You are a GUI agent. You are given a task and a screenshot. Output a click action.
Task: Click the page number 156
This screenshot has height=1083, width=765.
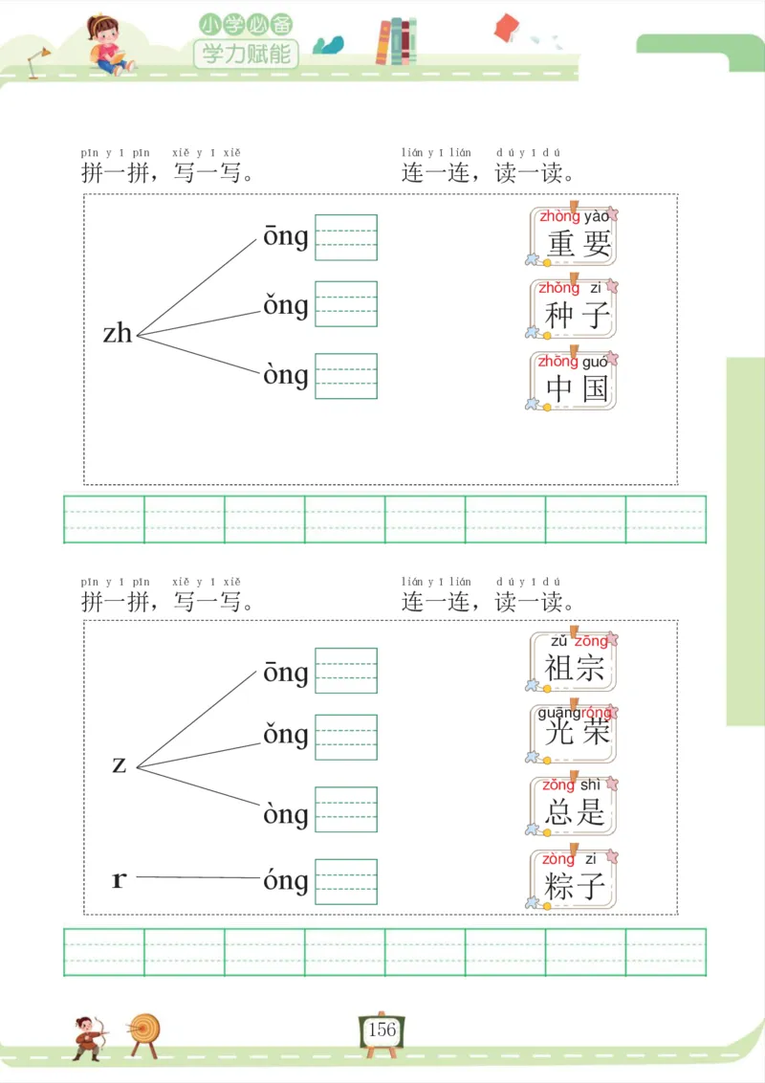tap(382, 1029)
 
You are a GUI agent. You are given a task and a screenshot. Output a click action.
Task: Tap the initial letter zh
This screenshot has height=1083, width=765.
tap(118, 333)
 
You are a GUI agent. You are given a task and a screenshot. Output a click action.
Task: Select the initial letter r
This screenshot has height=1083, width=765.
tap(119, 879)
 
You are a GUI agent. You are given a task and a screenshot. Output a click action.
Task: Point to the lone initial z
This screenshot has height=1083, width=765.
tap(120, 764)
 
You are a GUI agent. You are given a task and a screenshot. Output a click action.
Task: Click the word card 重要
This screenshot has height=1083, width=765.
tap(574, 236)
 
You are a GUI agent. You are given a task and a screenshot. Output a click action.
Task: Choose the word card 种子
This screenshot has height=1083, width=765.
tap(574, 308)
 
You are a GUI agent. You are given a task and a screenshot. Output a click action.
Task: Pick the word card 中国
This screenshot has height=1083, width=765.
tap(574, 381)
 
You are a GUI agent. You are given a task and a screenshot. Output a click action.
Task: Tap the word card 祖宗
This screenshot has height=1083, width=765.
tap(574, 661)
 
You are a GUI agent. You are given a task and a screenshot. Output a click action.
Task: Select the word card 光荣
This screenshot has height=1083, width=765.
tap(574, 733)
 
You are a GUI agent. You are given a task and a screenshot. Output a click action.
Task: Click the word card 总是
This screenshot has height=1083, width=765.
tap(574, 806)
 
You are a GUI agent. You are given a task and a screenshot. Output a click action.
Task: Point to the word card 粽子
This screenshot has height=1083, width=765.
tap(574, 878)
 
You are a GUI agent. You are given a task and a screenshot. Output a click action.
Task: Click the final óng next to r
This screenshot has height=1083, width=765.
tap(286, 880)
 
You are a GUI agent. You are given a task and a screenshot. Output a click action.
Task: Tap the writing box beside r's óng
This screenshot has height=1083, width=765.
tap(346, 881)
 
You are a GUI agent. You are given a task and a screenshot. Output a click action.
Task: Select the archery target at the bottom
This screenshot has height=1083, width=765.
tap(145, 1031)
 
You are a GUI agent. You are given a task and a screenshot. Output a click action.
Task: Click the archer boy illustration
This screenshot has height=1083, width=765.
tap(87, 1036)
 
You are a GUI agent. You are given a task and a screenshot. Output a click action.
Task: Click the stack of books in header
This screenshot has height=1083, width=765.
tap(396, 42)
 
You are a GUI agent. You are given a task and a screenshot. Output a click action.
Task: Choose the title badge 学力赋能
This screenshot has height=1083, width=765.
tap(246, 54)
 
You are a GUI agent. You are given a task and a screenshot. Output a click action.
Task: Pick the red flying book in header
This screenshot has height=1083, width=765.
tap(506, 28)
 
